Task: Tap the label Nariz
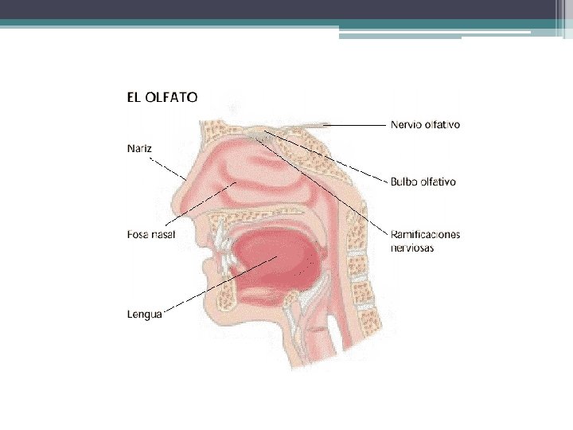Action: [x=138, y=147]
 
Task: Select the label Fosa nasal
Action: [x=151, y=234]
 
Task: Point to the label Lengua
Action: [x=144, y=314]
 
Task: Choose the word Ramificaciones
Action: [x=425, y=235]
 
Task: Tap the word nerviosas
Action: [x=411, y=248]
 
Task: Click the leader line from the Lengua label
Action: [x=215, y=285]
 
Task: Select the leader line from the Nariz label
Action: [x=171, y=170]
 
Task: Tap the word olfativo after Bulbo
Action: [x=439, y=182]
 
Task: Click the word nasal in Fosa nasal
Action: [x=162, y=234]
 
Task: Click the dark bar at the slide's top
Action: [x=286, y=10]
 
